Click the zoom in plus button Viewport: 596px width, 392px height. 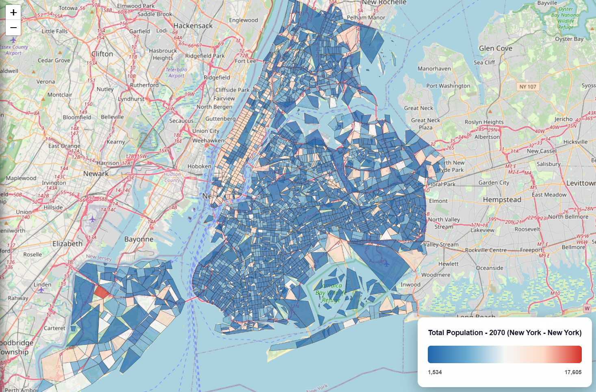click(x=13, y=12)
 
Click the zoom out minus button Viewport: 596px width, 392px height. click(x=13, y=28)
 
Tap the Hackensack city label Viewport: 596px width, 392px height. click(x=193, y=26)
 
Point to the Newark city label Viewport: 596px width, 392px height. click(x=96, y=173)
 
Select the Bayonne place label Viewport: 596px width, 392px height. click(x=139, y=239)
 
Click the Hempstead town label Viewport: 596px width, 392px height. click(x=502, y=199)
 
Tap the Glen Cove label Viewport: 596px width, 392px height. click(x=496, y=48)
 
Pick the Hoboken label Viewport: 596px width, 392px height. click(x=199, y=166)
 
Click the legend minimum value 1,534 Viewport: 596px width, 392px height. click(x=435, y=372)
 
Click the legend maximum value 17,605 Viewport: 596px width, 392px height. click(x=573, y=372)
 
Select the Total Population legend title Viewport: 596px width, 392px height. click(x=505, y=333)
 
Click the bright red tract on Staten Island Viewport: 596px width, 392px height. click(x=102, y=292)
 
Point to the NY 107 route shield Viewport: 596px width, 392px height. click(x=528, y=87)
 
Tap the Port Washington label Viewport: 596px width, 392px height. click(x=448, y=86)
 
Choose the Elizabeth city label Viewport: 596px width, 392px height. click(x=67, y=243)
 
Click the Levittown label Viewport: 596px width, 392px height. click(x=581, y=183)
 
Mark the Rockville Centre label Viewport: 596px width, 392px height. click(x=485, y=250)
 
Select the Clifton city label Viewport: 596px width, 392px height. click(x=102, y=54)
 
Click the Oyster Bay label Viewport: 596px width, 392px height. click(x=569, y=39)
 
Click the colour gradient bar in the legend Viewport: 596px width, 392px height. click(x=505, y=354)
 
